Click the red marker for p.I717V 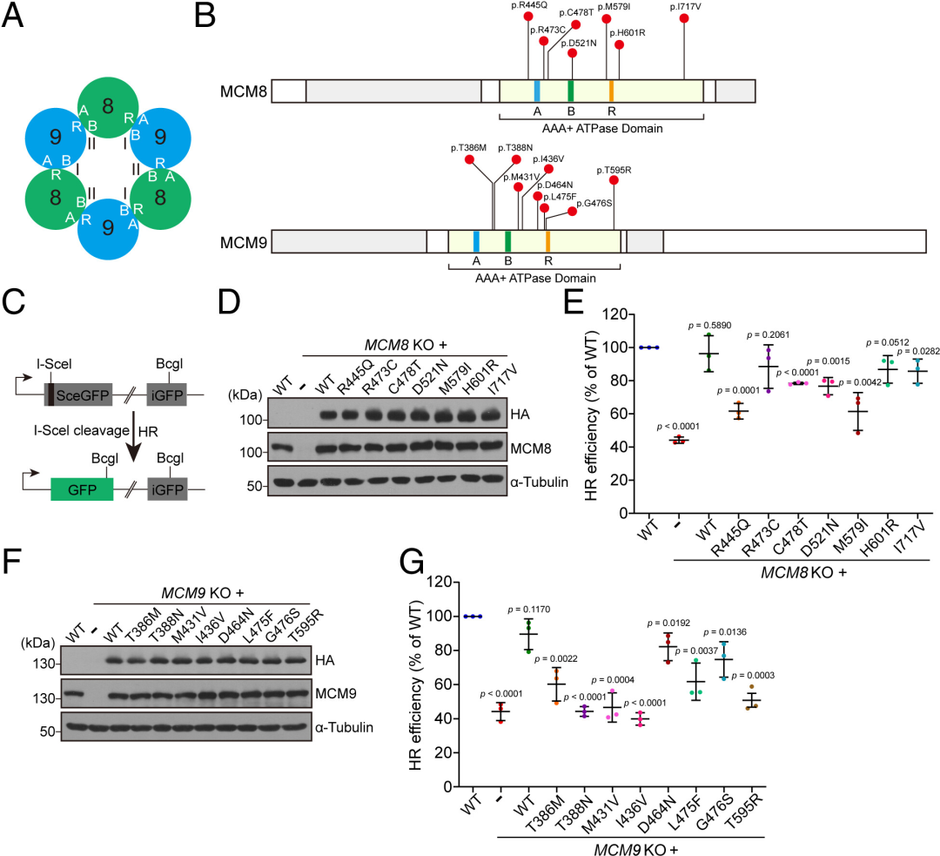pyautogui.click(x=684, y=18)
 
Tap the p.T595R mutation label pyautogui.click(x=614, y=171)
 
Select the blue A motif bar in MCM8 pyautogui.click(x=537, y=91)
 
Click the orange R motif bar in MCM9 pyautogui.click(x=548, y=240)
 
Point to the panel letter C pyautogui.click(x=13, y=301)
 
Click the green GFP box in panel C pyautogui.click(x=82, y=489)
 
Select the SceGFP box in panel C pyautogui.click(x=78, y=394)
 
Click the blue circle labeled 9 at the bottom pyautogui.click(x=108, y=229)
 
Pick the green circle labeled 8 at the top pyautogui.click(x=108, y=107)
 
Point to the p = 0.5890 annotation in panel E pyautogui.click(x=710, y=325)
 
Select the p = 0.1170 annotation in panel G pyautogui.click(x=529, y=610)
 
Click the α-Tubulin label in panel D pyautogui.click(x=539, y=482)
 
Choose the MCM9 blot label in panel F pyautogui.click(x=336, y=693)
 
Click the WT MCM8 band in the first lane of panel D pyautogui.click(x=281, y=448)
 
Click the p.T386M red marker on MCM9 pyautogui.click(x=469, y=159)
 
